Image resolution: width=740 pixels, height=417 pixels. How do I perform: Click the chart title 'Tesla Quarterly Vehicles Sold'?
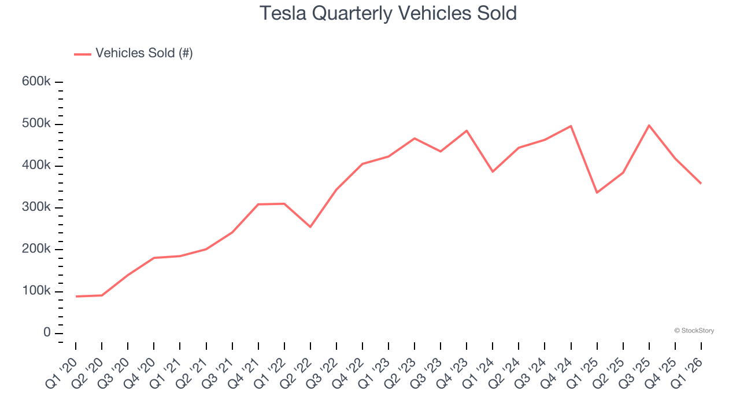point(388,13)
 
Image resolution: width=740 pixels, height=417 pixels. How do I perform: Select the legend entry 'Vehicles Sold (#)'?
point(144,53)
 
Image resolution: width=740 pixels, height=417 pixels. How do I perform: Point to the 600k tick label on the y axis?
point(36,82)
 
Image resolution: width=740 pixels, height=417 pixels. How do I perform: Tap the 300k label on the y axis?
point(36,207)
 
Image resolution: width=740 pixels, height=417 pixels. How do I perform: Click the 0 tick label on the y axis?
point(47,333)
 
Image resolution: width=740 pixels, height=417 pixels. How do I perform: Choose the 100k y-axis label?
point(36,291)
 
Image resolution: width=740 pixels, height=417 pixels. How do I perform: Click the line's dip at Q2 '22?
point(310,226)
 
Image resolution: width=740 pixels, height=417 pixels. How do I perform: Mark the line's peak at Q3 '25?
point(649,125)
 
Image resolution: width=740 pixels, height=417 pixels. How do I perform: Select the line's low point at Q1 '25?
point(597,192)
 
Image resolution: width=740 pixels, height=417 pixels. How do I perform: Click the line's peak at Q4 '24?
point(571,126)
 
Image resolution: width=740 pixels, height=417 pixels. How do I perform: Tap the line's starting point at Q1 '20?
point(76,297)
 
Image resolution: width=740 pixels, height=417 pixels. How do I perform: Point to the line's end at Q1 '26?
point(701,184)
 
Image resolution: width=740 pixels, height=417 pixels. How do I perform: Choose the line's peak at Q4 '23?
point(467,130)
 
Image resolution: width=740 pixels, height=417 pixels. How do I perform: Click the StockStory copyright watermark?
point(694,331)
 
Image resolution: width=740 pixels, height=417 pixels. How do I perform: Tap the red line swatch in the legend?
point(83,54)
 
